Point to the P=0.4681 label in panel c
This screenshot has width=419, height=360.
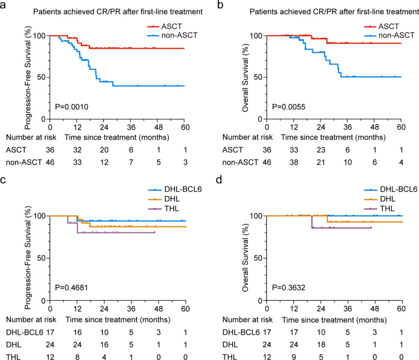71,288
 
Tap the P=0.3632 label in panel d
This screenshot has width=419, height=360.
288,288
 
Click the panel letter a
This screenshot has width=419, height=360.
4,5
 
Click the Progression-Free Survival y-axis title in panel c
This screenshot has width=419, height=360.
25,258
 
